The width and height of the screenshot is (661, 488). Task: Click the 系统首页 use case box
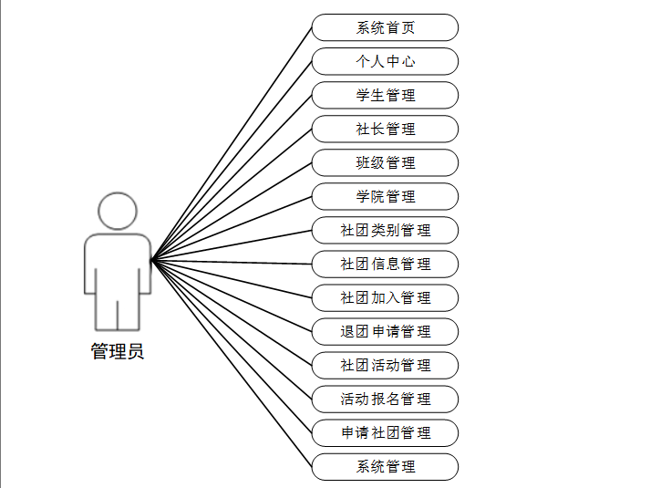(385, 27)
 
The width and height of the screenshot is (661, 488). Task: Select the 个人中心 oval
(385, 61)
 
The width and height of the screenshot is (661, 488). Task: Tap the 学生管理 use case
(385, 95)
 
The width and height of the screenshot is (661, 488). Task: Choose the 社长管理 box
(385, 129)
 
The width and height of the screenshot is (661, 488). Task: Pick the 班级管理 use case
(385, 162)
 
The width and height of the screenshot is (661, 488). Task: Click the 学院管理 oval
(385, 196)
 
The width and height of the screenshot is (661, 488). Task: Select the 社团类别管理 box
(385, 230)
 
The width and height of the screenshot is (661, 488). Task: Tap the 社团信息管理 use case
(385, 264)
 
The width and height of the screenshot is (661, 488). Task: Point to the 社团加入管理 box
(385, 297)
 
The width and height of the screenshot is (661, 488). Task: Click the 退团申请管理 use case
(385, 331)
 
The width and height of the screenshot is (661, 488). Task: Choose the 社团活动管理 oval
(385, 365)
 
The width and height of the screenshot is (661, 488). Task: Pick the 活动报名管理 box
(385, 399)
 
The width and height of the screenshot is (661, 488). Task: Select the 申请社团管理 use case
(385, 432)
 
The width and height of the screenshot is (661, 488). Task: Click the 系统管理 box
(385, 466)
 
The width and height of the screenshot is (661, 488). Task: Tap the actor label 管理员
(118, 351)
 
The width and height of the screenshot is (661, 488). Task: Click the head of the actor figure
(118, 211)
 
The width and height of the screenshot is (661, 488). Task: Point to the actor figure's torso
(118, 265)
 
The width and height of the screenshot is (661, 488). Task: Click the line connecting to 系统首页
(232, 143)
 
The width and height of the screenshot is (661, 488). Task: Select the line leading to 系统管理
(232, 364)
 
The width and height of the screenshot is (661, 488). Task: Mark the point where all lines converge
(152, 261)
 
